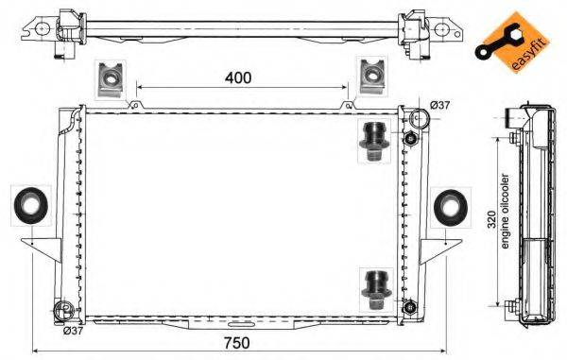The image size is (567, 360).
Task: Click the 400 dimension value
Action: click(239, 77)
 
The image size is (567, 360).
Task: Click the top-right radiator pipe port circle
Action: click(417, 118)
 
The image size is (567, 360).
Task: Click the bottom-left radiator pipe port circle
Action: click(64, 311)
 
